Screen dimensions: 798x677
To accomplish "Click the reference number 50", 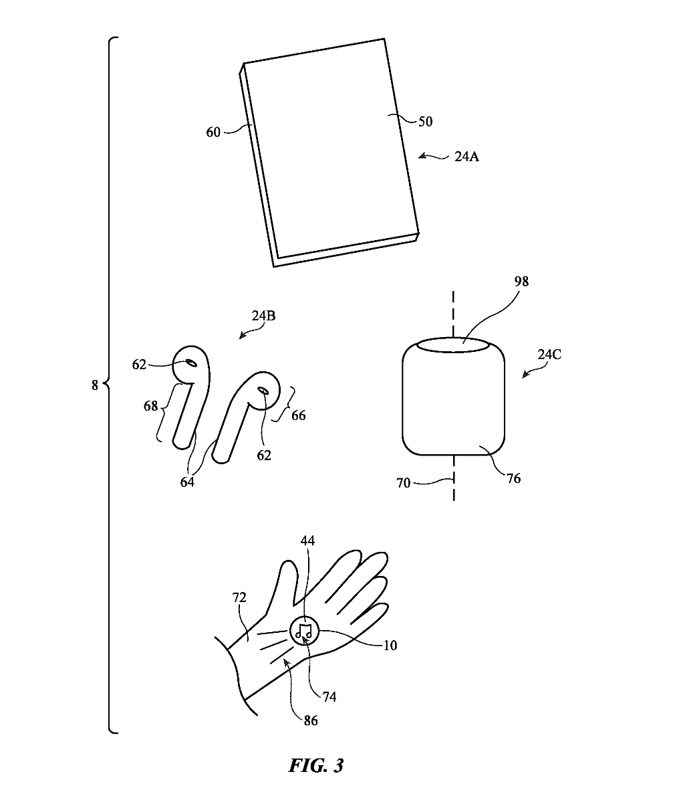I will (425, 122).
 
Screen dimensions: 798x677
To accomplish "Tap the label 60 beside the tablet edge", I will (213, 132).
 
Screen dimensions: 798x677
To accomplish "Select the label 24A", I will (466, 158).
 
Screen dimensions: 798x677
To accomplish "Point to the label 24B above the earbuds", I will (263, 316).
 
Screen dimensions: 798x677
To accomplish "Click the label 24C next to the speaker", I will (549, 355).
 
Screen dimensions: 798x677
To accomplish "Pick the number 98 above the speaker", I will (521, 282).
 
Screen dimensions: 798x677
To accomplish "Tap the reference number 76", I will (513, 478).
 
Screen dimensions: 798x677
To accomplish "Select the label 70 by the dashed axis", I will (403, 482).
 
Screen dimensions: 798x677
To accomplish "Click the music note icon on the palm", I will (304, 629).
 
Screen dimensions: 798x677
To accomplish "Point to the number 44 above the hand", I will (307, 540).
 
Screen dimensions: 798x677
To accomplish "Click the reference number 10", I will (390, 645).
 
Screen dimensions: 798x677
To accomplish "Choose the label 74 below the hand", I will (329, 697).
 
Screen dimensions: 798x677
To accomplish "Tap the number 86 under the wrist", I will (310, 720).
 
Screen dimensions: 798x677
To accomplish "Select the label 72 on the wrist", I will (239, 598).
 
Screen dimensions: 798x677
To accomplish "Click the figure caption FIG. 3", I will (315, 765).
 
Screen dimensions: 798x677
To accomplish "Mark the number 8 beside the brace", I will (94, 385).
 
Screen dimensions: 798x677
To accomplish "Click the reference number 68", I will (150, 406).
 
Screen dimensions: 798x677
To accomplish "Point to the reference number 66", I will (298, 415).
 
